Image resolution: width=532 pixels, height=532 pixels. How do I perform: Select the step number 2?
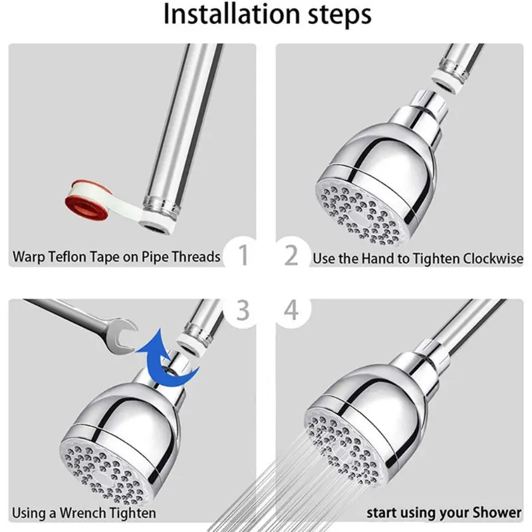(x=291, y=254)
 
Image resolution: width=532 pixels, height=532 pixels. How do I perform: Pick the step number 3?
(x=242, y=311)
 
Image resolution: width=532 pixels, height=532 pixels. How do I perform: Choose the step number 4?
(x=291, y=311)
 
